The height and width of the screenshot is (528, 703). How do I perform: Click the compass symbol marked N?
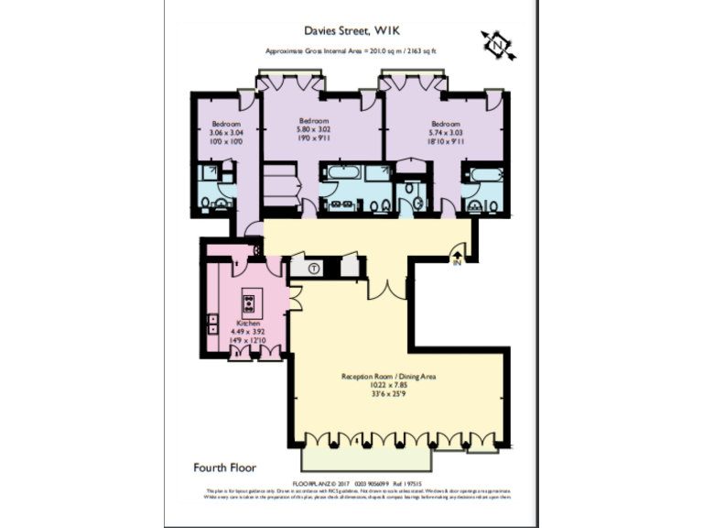[x=497, y=44]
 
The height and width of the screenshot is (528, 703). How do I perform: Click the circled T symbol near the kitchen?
[x=313, y=269]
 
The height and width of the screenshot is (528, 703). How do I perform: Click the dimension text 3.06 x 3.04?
[x=226, y=133]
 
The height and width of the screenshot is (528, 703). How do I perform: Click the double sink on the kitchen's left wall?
[x=213, y=323]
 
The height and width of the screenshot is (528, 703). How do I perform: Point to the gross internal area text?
[x=351, y=51]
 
